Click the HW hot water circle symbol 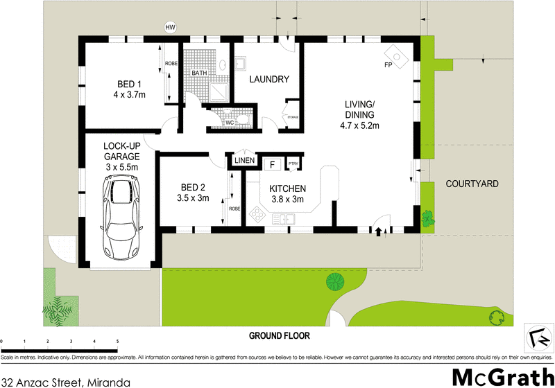coord(170,28)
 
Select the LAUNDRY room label coord(269,80)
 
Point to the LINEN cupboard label coord(244,161)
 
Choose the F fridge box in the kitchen coord(273,164)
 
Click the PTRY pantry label coord(293,164)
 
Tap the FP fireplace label coord(388,66)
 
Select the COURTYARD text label coord(472,184)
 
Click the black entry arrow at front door coord(378,233)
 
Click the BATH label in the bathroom coord(199,73)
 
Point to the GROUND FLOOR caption coord(280,335)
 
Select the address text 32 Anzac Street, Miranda coord(66,380)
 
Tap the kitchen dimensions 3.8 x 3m coord(287,199)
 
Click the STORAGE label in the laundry coord(293,118)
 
